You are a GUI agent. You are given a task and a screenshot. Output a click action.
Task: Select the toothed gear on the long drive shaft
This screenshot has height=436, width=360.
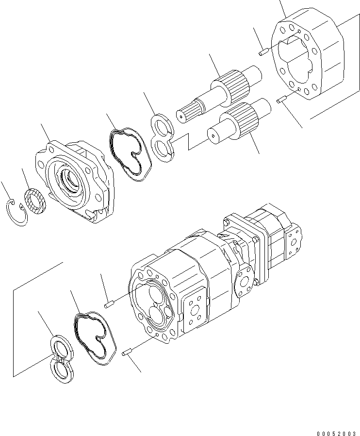coord(232,82)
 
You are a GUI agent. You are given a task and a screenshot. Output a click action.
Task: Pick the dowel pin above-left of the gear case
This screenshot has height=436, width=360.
coord(263,51)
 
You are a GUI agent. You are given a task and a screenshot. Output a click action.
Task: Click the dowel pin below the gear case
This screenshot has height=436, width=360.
coord(280,101)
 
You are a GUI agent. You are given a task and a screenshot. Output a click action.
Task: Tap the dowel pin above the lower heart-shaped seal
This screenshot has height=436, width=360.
coord(109,304)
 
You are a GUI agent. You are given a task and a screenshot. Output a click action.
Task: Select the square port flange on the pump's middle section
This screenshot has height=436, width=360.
coord(196,311)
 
